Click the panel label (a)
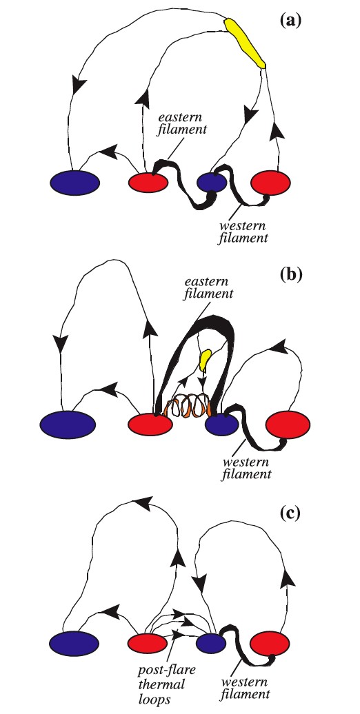click(x=291, y=21)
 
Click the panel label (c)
click(x=290, y=513)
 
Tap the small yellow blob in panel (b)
click(x=206, y=359)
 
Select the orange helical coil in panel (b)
click(x=188, y=405)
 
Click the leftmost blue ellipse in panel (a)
click(x=74, y=183)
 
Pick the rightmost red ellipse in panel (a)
click(x=270, y=183)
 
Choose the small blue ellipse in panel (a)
click(x=212, y=183)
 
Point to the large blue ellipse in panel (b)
click(x=68, y=425)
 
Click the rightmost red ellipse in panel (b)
click(x=288, y=424)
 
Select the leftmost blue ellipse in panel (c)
click(x=74, y=644)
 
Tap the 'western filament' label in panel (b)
click(x=248, y=468)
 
